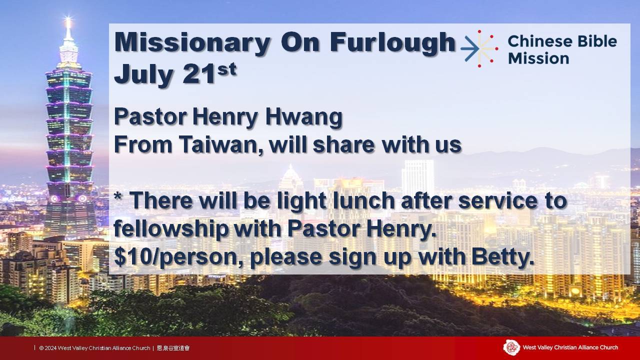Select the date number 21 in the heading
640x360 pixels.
[198, 74]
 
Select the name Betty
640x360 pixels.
[502, 257]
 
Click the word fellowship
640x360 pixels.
[171, 229]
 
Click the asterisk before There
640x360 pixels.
[117, 196]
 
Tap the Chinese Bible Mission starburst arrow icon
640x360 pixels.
[479, 49]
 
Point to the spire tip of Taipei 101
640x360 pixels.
[68, 18]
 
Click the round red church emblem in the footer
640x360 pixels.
[511, 347]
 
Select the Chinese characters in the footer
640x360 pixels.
[173, 348]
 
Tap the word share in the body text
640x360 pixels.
[343, 144]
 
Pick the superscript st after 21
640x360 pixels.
[227, 69]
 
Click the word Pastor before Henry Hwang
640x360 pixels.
[150, 117]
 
